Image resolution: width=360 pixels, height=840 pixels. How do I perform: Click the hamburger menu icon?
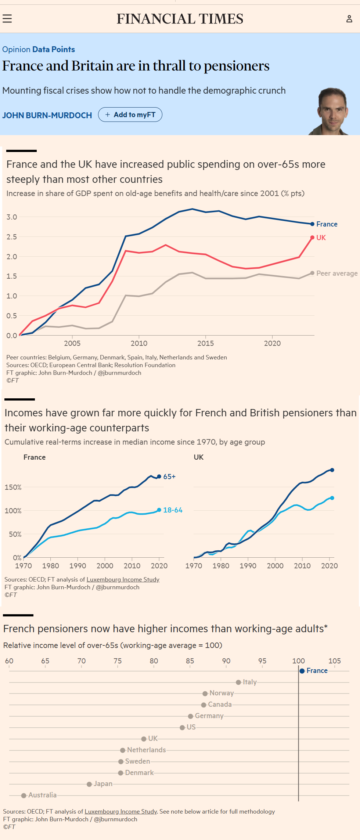click(x=7, y=19)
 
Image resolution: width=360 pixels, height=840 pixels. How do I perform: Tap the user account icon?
click(x=349, y=19)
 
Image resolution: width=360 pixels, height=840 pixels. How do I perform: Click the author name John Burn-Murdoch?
click(x=47, y=115)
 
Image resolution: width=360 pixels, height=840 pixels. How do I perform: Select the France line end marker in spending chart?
click(x=312, y=224)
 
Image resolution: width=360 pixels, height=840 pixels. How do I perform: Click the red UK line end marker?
click(x=312, y=238)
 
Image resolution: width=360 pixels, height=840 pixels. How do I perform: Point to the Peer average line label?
click(x=337, y=274)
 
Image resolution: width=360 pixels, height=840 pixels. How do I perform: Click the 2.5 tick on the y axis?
click(x=12, y=237)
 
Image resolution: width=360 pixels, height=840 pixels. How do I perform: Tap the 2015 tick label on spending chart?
click(x=205, y=343)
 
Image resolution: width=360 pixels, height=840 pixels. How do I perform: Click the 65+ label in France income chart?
click(x=169, y=477)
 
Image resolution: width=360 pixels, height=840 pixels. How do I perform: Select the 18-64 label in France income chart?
click(x=173, y=510)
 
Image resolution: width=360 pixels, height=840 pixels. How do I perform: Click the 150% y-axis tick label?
click(x=13, y=487)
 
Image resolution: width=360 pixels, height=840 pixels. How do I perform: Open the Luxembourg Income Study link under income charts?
click(x=123, y=579)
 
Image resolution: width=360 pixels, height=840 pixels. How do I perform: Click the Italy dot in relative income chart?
click(x=238, y=682)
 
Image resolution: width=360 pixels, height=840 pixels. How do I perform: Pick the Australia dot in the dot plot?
click(x=24, y=795)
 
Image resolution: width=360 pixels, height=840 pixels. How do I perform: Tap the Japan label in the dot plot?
click(x=103, y=784)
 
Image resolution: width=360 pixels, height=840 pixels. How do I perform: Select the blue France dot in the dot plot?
click(x=302, y=671)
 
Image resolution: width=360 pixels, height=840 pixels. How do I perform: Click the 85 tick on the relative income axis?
click(x=190, y=661)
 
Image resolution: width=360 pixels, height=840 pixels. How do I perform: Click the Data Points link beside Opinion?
click(x=54, y=50)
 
